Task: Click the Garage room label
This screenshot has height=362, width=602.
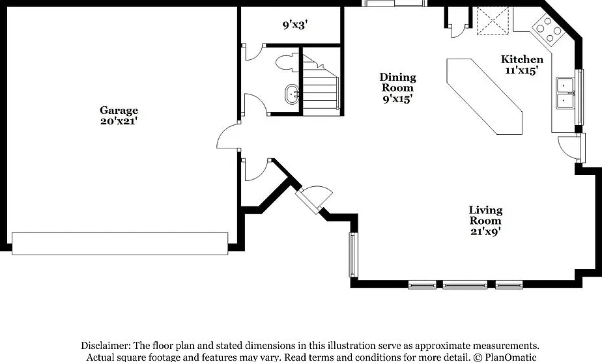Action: tap(119, 111)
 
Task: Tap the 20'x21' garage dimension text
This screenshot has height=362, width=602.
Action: tap(119, 121)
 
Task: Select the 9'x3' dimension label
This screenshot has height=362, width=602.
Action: tap(295, 25)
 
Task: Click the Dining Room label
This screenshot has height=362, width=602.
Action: tap(397, 83)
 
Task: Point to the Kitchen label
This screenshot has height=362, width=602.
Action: tap(522, 59)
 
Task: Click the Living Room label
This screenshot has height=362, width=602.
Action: tap(485, 216)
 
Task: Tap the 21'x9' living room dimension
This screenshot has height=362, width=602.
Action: tap(485, 232)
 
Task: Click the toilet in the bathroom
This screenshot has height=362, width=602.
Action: tap(287, 63)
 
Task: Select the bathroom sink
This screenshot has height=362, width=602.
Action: tap(293, 94)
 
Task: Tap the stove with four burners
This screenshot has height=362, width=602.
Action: tap(547, 29)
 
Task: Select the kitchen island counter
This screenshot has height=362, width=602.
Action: tap(485, 96)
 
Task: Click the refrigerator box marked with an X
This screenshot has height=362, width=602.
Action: tap(493, 21)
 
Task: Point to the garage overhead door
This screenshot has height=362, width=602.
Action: tap(120, 244)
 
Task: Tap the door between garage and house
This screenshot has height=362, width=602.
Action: tap(227, 136)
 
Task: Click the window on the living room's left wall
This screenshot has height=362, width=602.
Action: tap(353, 254)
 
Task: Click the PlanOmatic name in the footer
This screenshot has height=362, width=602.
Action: tap(511, 357)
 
